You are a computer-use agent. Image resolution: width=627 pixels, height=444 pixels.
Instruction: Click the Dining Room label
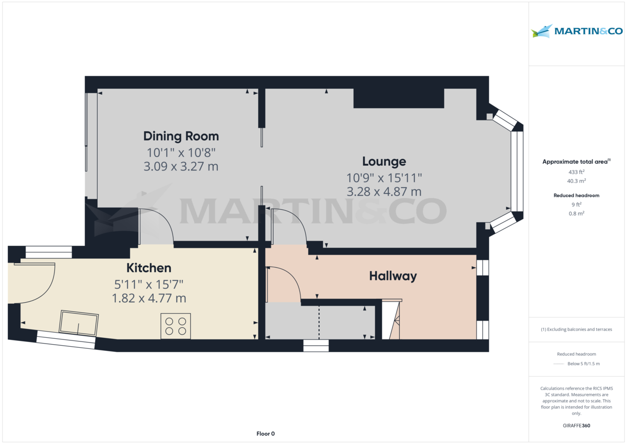click(x=181, y=136)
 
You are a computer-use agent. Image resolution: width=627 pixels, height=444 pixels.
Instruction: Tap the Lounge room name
click(x=384, y=162)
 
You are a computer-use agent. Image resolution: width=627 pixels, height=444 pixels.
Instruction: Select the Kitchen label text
click(x=149, y=268)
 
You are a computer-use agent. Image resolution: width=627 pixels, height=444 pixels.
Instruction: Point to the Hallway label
click(x=393, y=276)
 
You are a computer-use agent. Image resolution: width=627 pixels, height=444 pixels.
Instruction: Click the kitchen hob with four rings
click(x=176, y=326)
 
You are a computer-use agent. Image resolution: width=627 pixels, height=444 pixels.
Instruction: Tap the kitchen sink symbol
click(x=79, y=322)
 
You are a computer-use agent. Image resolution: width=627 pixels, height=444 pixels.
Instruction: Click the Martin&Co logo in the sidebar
click(x=577, y=31)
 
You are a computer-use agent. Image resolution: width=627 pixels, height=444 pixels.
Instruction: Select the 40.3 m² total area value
click(x=576, y=181)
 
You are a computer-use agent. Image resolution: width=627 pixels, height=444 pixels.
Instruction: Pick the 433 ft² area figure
click(x=576, y=172)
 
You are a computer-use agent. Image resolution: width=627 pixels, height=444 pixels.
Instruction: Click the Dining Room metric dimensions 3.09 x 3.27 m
click(x=181, y=167)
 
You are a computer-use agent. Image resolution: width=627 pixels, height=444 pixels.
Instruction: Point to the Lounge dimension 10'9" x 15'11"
click(x=384, y=177)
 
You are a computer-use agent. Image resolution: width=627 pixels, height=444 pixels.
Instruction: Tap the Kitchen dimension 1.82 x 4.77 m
click(x=149, y=299)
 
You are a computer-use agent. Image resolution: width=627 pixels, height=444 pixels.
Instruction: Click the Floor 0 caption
click(x=265, y=434)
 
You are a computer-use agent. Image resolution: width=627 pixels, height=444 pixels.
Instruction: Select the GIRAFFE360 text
click(x=576, y=426)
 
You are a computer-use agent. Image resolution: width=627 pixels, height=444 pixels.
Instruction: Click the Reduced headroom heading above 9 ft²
click(x=576, y=196)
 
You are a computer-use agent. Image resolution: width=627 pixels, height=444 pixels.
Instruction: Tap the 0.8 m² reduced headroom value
click(x=576, y=213)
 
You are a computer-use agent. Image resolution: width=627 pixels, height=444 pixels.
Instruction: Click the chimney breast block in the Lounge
click(x=399, y=98)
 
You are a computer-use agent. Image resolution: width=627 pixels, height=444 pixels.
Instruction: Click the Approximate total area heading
click(x=576, y=162)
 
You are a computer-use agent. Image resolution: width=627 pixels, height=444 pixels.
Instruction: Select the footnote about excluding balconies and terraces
click(x=576, y=329)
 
